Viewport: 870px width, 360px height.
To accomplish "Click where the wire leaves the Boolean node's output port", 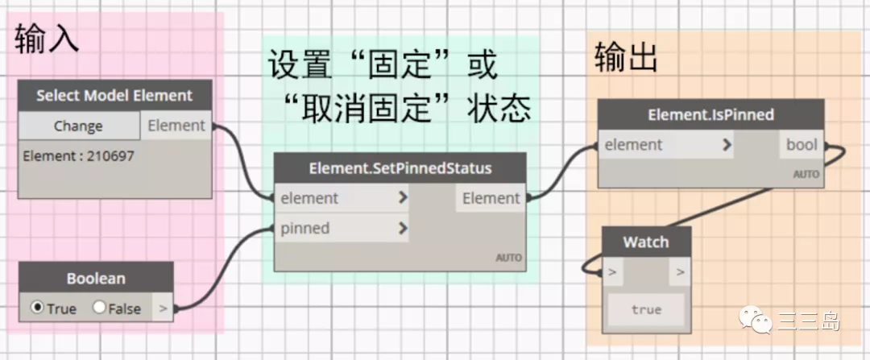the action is (x=176, y=308).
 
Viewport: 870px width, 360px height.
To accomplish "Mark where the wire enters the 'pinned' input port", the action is (x=272, y=228).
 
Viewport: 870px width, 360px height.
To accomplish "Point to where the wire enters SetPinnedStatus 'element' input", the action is (x=272, y=198).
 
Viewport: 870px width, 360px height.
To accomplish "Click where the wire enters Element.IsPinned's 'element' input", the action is (x=595, y=145).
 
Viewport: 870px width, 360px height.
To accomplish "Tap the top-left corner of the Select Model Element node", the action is (x=19, y=81).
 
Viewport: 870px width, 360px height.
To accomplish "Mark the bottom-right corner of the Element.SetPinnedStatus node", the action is (x=525, y=271).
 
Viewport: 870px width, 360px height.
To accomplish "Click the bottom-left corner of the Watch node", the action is (x=603, y=333).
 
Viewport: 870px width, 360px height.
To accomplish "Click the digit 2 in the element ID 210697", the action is (x=90, y=156).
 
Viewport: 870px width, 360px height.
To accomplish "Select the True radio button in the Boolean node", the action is (x=37, y=308).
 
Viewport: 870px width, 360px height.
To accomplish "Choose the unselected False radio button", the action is (x=99, y=308).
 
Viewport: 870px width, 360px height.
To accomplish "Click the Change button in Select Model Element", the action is (x=78, y=126).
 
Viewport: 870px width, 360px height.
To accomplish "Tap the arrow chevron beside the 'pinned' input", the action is (x=403, y=228).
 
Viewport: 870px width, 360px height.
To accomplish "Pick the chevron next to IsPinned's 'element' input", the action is (x=727, y=145).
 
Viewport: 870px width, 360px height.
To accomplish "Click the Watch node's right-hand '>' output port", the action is (x=680, y=272).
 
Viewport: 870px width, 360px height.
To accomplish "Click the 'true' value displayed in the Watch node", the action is (x=646, y=309).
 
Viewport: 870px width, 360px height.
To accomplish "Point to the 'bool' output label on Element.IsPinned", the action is (x=802, y=145).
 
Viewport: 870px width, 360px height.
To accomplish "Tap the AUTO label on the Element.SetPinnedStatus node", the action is (x=509, y=258).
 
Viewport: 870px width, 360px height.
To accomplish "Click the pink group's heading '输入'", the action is (x=48, y=39).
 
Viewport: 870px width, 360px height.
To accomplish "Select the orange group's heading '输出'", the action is (x=626, y=57).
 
